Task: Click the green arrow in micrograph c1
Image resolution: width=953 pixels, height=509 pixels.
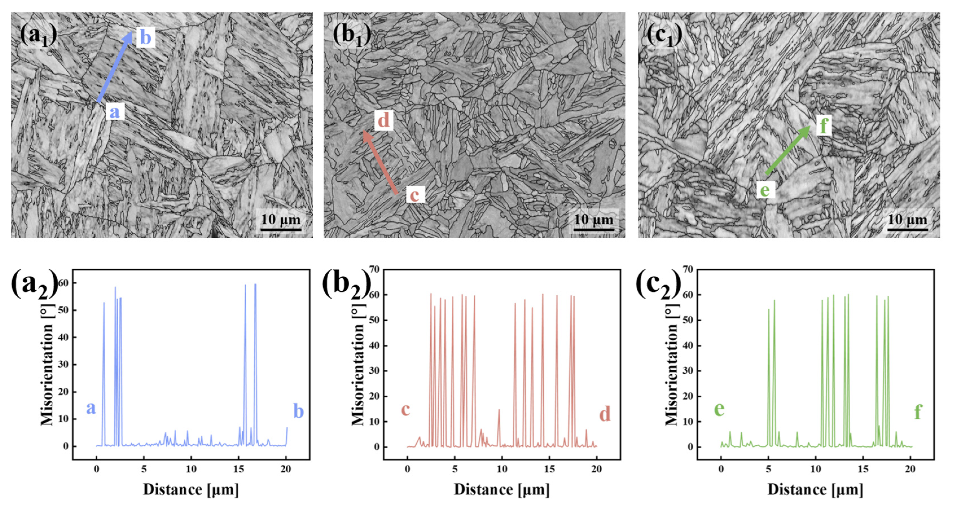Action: coord(788,150)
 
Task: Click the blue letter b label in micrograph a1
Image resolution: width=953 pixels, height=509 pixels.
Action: coord(145,37)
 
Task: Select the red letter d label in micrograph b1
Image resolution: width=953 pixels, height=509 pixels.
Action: coord(384,120)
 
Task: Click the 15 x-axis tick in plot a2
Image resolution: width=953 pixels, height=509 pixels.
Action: coord(239,469)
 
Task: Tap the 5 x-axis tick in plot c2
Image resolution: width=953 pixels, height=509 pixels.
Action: coord(768,469)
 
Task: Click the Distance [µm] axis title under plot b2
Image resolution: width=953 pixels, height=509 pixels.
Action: coord(501,489)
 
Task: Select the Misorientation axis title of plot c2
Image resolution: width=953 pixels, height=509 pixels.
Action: coord(671,364)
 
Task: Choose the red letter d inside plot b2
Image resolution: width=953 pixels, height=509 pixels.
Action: coord(605,414)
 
